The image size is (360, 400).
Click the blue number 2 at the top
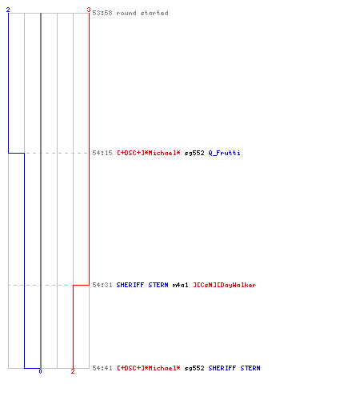(8, 10)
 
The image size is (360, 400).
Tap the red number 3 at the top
(89, 10)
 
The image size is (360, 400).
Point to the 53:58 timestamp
(102, 13)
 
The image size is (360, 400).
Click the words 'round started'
(142, 13)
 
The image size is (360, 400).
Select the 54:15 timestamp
(102, 153)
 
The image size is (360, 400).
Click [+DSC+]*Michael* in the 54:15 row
(149, 153)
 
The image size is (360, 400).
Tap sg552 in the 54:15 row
(194, 153)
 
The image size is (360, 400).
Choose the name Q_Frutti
(224, 153)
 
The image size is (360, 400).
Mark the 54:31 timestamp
(102, 285)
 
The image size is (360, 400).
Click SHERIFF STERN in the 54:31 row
(142, 285)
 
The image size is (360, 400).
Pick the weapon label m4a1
(180, 285)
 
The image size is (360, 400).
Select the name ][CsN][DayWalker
(225, 285)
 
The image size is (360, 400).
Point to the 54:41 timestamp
(102, 368)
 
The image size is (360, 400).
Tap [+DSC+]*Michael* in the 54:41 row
(149, 368)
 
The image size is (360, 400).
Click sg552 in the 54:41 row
(194, 368)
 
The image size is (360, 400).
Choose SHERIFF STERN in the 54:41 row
(234, 368)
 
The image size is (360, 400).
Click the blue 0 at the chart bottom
(40, 371)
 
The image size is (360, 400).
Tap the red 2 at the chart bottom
(73, 371)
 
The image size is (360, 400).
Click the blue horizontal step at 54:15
(16, 153)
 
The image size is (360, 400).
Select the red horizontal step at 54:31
(81, 285)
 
